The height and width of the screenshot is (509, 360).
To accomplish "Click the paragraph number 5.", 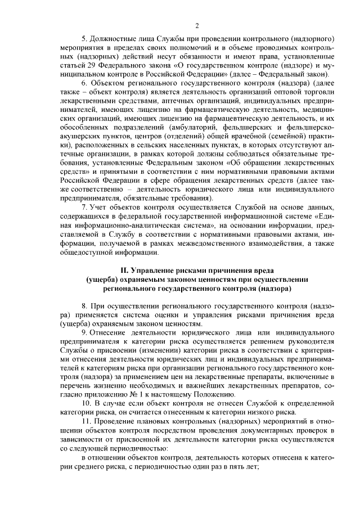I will click(84, 39).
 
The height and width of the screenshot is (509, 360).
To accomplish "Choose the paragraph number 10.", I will click(86, 404).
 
